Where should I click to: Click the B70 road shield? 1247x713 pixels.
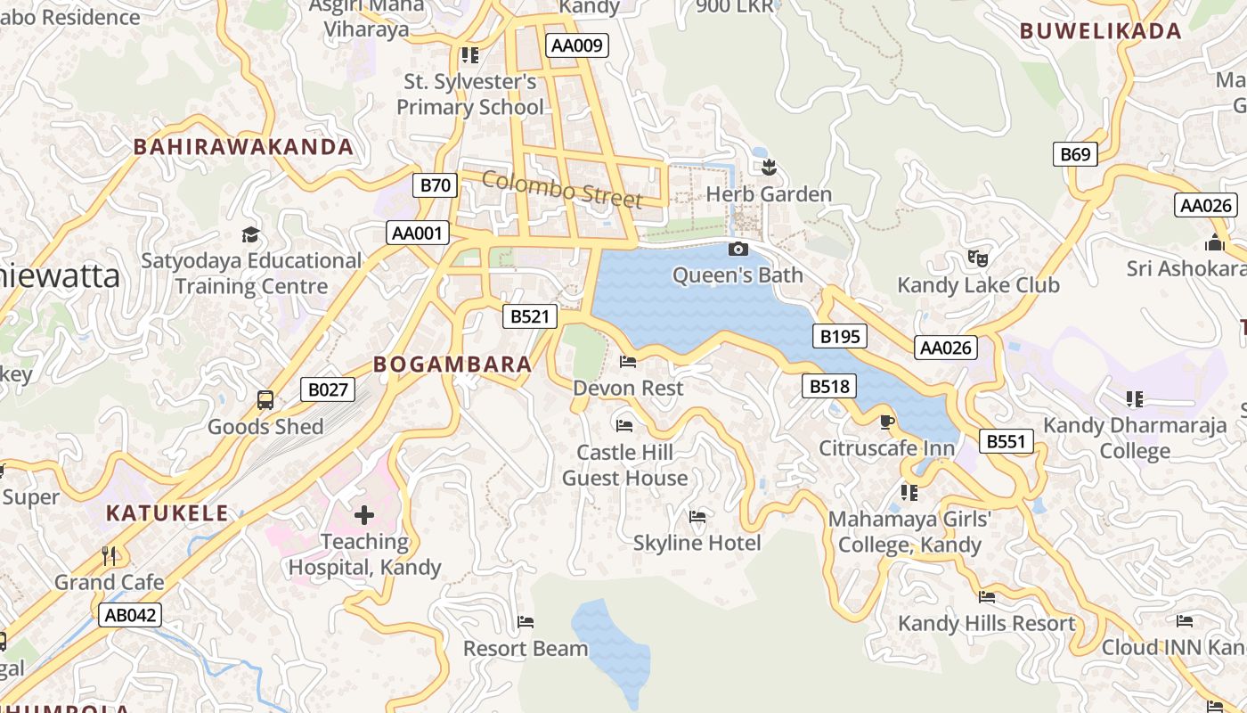click(x=435, y=185)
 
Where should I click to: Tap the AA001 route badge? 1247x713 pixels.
click(x=418, y=234)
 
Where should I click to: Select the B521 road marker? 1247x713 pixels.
click(x=529, y=316)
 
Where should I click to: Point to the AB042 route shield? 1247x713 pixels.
click(x=130, y=615)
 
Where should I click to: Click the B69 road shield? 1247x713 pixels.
click(x=1075, y=154)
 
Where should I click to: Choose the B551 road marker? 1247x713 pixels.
click(x=1007, y=441)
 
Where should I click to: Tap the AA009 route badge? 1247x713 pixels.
click(x=577, y=45)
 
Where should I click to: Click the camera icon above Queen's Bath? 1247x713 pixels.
click(x=738, y=250)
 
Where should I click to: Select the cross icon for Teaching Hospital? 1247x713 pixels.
click(x=364, y=515)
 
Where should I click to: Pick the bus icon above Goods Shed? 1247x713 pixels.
click(x=265, y=400)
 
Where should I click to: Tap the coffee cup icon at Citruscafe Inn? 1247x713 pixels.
click(x=886, y=422)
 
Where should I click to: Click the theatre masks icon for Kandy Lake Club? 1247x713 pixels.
click(x=978, y=259)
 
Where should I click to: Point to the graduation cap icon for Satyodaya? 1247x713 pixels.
click(x=251, y=235)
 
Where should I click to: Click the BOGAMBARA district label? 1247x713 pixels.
click(x=452, y=365)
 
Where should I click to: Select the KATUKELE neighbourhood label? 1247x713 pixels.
click(x=167, y=513)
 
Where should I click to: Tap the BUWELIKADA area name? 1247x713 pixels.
click(x=1101, y=31)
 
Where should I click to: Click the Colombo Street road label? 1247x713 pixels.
click(x=562, y=189)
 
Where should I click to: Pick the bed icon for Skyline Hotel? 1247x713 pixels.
click(x=697, y=517)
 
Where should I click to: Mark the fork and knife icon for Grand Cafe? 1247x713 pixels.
click(x=110, y=556)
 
